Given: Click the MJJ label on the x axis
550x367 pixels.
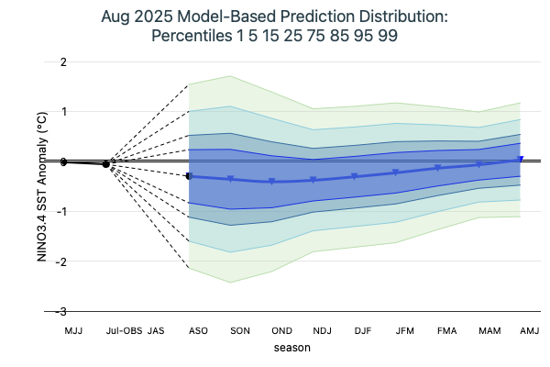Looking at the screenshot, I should click(x=72, y=329).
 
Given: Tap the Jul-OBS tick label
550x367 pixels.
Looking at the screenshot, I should click(x=122, y=329).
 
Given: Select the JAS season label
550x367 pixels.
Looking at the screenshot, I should click(x=156, y=329).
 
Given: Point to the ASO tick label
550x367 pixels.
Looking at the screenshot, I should click(x=197, y=329).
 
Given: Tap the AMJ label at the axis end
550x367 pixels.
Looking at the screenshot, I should click(x=529, y=329).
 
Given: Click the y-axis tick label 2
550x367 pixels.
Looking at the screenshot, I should click(x=62, y=61).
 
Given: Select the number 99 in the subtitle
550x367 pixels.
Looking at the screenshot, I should click(x=388, y=36).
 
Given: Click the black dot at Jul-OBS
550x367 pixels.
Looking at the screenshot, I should click(x=106, y=163).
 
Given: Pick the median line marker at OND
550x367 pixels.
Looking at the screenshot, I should click(x=272, y=182).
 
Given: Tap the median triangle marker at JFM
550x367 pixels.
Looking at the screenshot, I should click(x=396, y=172).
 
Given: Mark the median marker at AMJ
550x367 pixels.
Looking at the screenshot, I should click(x=521, y=160).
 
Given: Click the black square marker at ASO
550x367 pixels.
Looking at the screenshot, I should click(x=189, y=175).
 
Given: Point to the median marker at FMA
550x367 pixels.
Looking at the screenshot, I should click(x=437, y=168).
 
